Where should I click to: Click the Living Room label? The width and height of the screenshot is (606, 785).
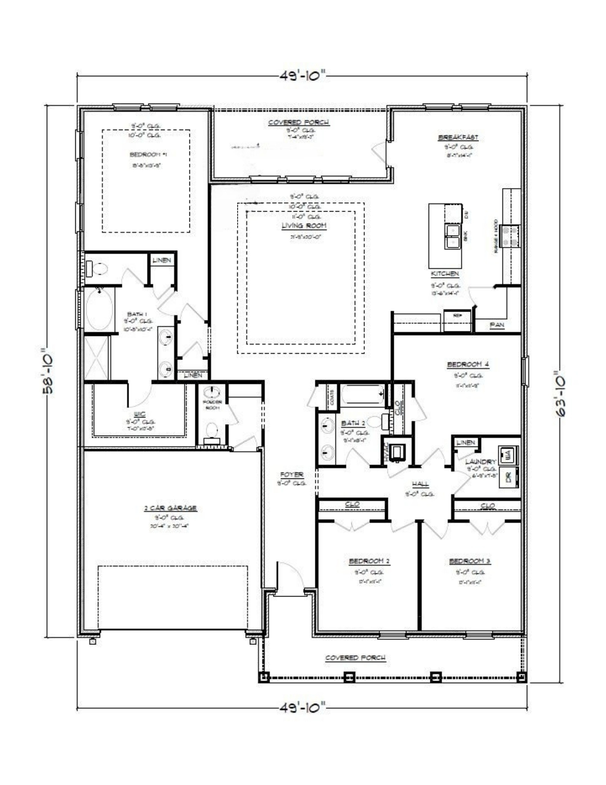click(x=304, y=226)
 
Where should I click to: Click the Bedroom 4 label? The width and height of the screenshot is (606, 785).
click(x=468, y=365)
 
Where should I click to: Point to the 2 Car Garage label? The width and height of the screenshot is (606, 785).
click(x=170, y=508)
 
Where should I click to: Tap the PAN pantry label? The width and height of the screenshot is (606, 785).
click(x=497, y=325)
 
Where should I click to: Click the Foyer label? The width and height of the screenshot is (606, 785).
click(x=292, y=475)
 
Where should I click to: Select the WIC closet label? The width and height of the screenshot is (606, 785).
click(x=140, y=414)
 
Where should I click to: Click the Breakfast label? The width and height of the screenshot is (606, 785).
click(x=458, y=137)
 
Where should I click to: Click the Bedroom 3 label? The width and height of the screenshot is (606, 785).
click(x=470, y=561)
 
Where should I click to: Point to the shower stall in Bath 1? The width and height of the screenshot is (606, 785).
click(x=96, y=358)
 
